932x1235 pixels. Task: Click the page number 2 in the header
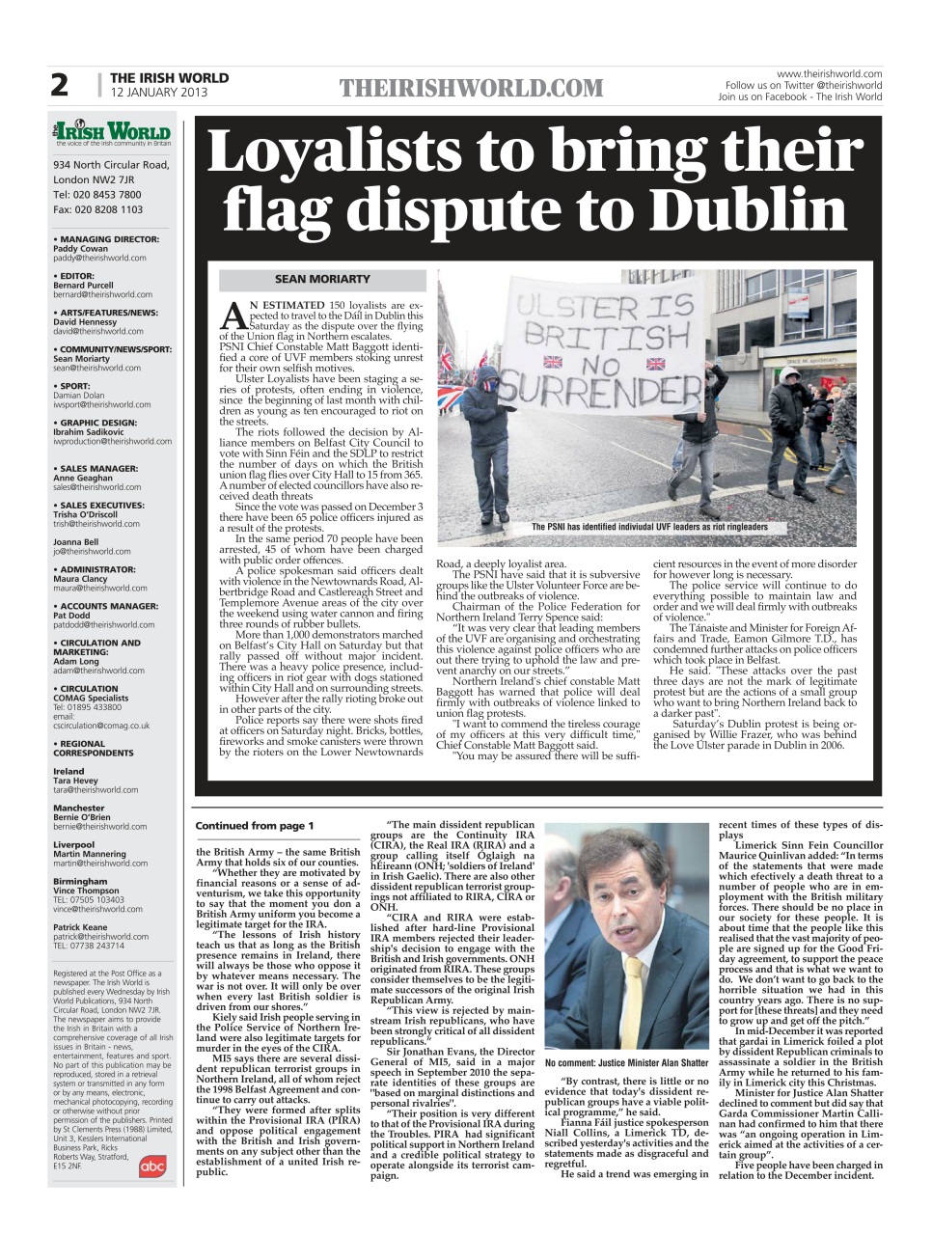point(60,86)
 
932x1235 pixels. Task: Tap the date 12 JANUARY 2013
point(159,94)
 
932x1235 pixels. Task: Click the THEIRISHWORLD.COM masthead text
point(471,89)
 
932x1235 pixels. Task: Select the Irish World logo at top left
point(113,132)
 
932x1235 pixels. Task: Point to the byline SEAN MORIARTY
point(322,280)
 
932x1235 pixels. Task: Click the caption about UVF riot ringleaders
point(649,527)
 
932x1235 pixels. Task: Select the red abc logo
point(152,1166)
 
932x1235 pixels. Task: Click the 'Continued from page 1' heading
point(255,826)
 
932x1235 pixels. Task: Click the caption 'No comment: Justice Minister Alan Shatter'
point(627,1063)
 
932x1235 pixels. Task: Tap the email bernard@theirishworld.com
point(102,294)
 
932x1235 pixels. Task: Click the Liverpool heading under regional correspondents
point(73,845)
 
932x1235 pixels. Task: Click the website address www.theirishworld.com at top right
point(829,73)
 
